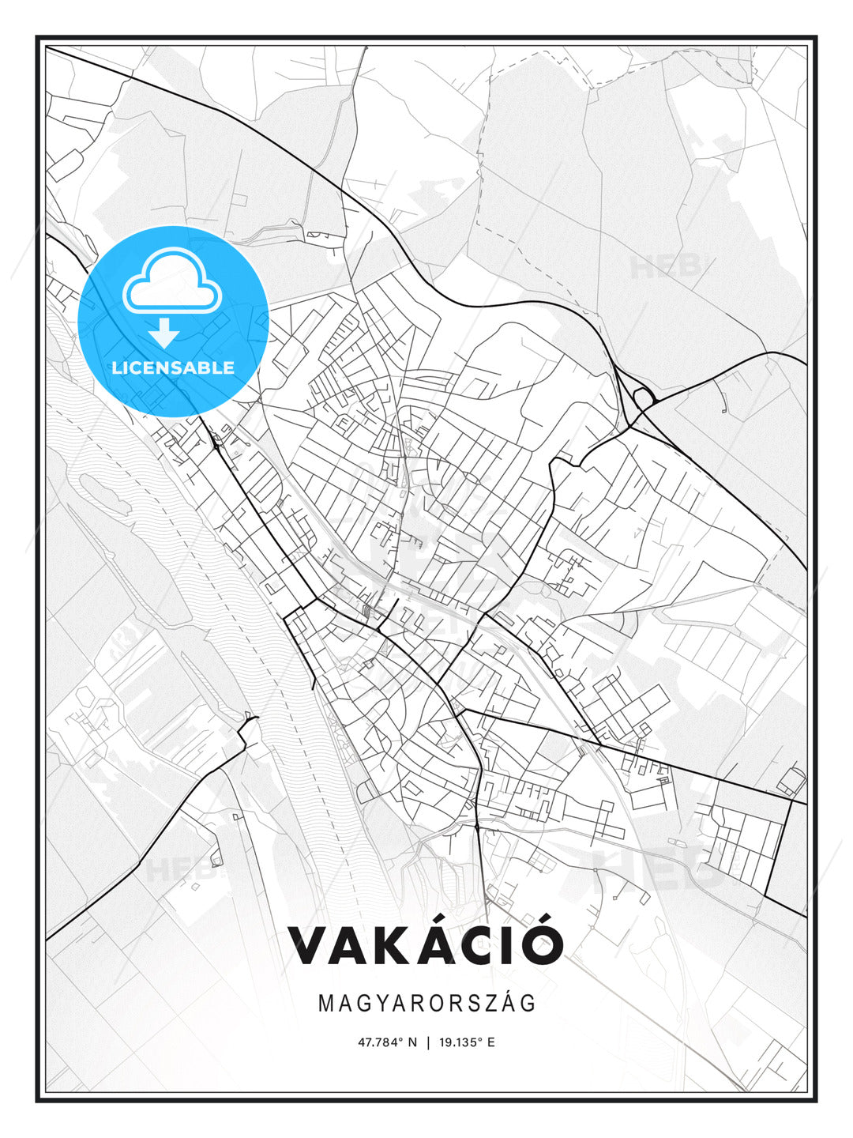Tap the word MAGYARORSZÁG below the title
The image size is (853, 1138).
[426, 1003]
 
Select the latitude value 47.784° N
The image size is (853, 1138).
[387, 1042]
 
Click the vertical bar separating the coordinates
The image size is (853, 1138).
[427, 1042]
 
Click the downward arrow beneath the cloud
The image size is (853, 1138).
[164, 333]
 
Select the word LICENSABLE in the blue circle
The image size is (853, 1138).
[173, 367]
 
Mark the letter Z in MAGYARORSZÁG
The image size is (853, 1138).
[490, 1003]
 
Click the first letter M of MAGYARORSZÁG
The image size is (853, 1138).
[325, 1003]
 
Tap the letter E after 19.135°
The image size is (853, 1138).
[490, 1042]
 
